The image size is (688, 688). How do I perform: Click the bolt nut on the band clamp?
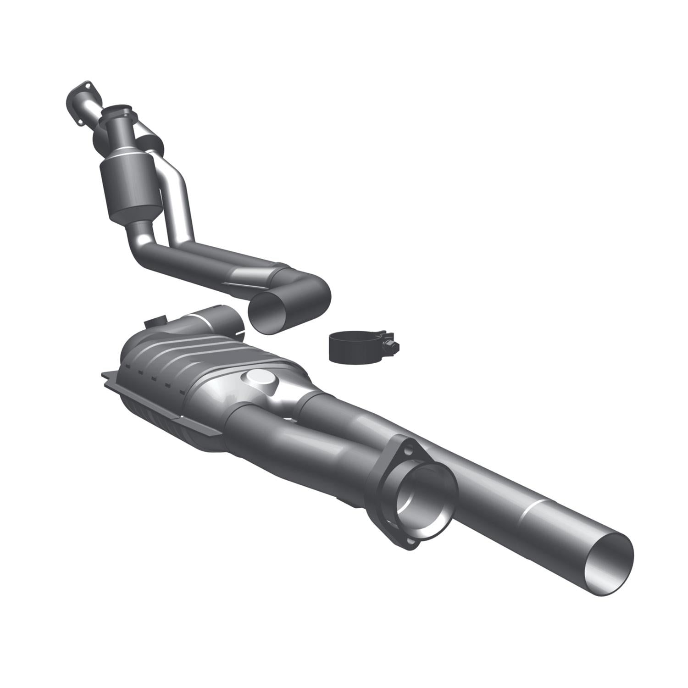pyautogui.click(x=388, y=344)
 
